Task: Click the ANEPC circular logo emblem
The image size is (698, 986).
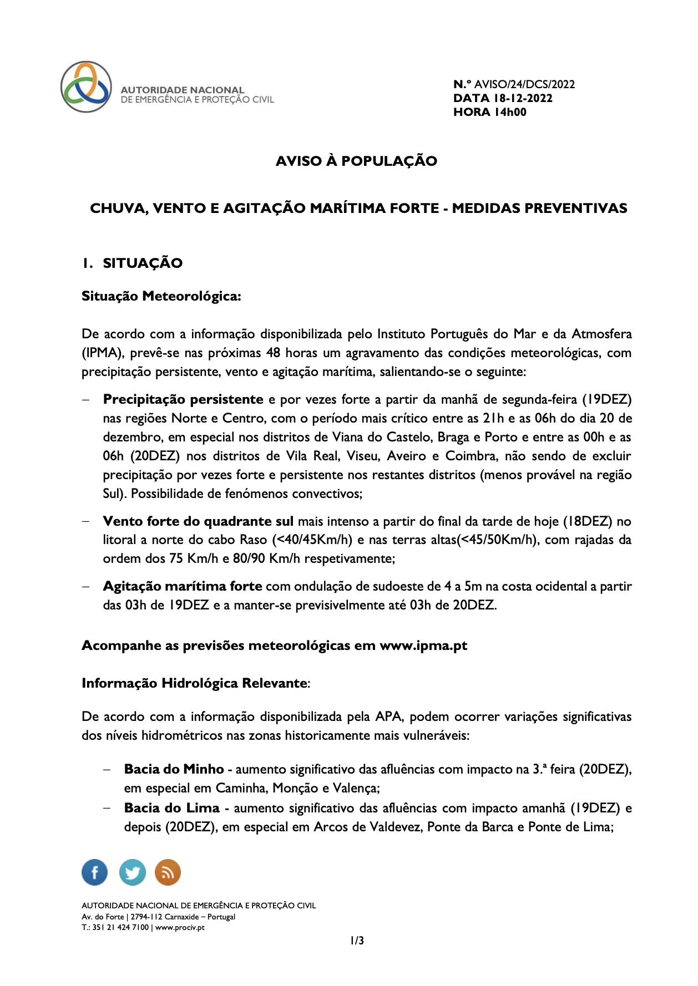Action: click(x=86, y=87)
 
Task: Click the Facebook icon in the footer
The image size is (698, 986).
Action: click(x=95, y=872)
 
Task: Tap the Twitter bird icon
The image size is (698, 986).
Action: click(x=132, y=872)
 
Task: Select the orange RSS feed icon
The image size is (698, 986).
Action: click(x=168, y=872)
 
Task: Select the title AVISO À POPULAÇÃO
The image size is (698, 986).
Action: click(x=356, y=161)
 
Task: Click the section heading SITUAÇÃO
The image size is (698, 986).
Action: click(x=143, y=263)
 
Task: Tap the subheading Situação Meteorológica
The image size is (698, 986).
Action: click(x=161, y=296)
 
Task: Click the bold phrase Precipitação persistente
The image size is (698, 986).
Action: click(x=183, y=399)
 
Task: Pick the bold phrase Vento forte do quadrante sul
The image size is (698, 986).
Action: click(x=198, y=521)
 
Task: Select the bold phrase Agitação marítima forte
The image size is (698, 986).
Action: click(x=183, y=586)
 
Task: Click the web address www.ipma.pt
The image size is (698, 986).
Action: click(x=423, y=646)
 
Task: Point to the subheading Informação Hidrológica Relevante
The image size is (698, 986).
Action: click(x=195, y=683)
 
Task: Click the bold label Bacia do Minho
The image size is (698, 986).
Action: click(x=174, y=769)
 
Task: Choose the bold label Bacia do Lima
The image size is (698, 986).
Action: click(x=171, y=808)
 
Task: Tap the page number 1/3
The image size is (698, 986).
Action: click(x=357, y=941)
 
